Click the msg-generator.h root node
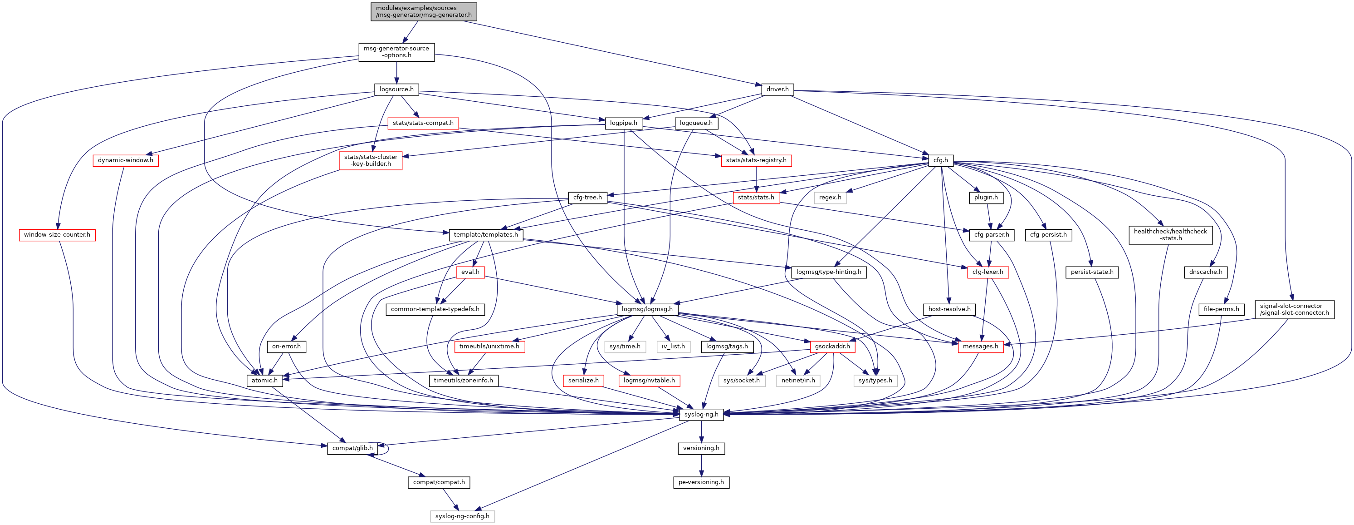point(424,11)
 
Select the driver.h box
point(777,89)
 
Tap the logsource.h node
point(396,89)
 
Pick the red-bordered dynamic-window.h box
point(126,160)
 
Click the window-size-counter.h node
point(57,235)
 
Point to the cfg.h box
point(940,160)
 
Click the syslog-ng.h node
point(701,414)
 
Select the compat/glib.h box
point(352,448)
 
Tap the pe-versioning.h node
point(701,482)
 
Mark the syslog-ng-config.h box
point(462,516)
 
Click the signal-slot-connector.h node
point(1294,309)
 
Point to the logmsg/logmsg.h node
point(647,309)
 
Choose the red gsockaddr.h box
point(832,346)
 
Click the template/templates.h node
point(486,235)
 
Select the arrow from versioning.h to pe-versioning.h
point(701,465)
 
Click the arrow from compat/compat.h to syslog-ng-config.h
point(450,499)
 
